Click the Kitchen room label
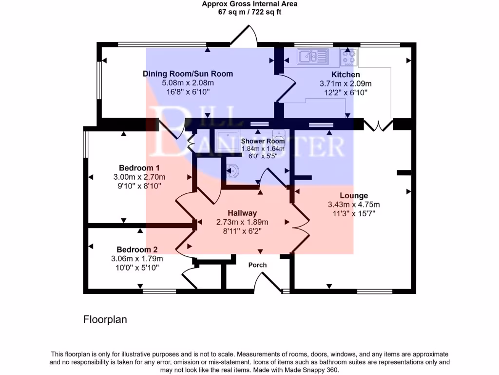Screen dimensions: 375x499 pos(345,75)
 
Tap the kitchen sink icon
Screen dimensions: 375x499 pos(312,57)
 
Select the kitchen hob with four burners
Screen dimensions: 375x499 pos(348,58)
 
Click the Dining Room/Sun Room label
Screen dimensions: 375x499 pos(188,74)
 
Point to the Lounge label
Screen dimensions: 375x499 pos(354,195)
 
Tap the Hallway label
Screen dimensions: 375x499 pos(242,213)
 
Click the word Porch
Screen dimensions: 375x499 pos(258,265)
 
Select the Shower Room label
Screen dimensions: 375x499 pos(263,141)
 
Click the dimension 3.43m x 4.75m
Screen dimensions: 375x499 pos(354,205)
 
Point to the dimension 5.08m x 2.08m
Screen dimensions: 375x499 pos(188,83)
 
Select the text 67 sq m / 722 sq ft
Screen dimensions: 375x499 pos(249,12)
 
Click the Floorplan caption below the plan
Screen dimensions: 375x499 pos(105,320)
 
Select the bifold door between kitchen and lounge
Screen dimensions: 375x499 pos(378,125)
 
